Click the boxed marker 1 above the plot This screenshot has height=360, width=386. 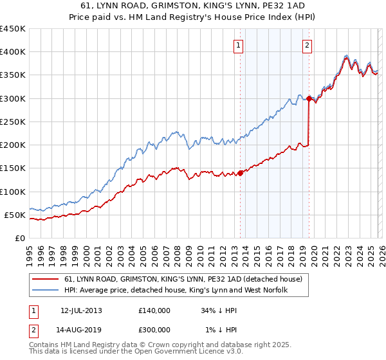click(239, 45)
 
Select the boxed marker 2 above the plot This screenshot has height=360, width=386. click(308, 45)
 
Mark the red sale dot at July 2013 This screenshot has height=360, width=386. click(240, 173)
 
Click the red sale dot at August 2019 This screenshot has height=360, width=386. click(309, 98)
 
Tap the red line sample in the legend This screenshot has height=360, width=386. click(45, 279)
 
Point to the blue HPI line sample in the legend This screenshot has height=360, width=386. click(45, 291)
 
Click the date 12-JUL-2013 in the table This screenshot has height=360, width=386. click(81, 310)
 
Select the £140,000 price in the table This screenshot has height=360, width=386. click(154, 310)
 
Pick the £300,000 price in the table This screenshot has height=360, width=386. click(154, 330)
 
